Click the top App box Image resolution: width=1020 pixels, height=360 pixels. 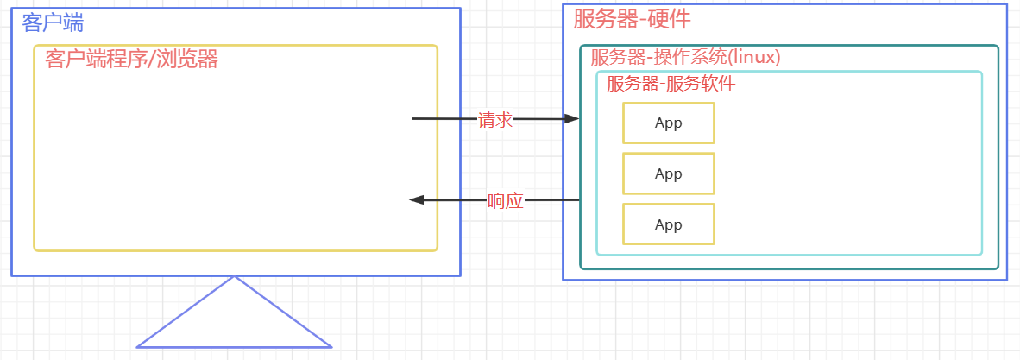click(x=669, y=123)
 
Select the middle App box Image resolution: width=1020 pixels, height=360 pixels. click(x=669, y=174)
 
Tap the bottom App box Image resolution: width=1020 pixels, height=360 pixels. click(x=669, y=224)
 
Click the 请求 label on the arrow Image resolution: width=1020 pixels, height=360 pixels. click(x=495, y=120)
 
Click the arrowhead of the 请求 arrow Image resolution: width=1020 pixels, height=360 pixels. click(x=572, y=118)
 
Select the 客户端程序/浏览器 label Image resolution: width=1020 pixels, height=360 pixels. click(x=131, y=60)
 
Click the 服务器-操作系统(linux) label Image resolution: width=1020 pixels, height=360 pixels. click(x=685, y=58)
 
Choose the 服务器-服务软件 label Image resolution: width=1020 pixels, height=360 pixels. click(x=671, y=84)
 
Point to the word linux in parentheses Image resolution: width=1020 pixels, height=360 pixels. click(x=755, y=58)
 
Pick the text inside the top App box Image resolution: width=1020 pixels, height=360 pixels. click(x=669, y=123)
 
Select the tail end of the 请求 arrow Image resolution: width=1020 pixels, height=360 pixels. click(x=414, y=118)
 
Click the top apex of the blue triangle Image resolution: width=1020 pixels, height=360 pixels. click(x=234, y=277)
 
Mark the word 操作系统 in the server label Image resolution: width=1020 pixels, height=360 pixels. click(x=691, y=58)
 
